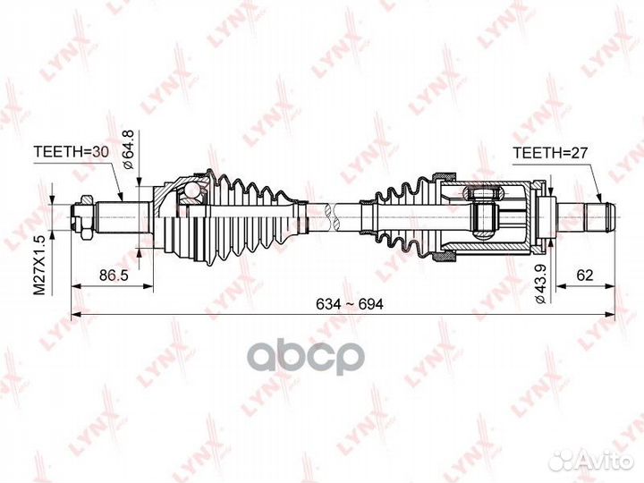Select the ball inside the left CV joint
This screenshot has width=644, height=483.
(x=188, y=191)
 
